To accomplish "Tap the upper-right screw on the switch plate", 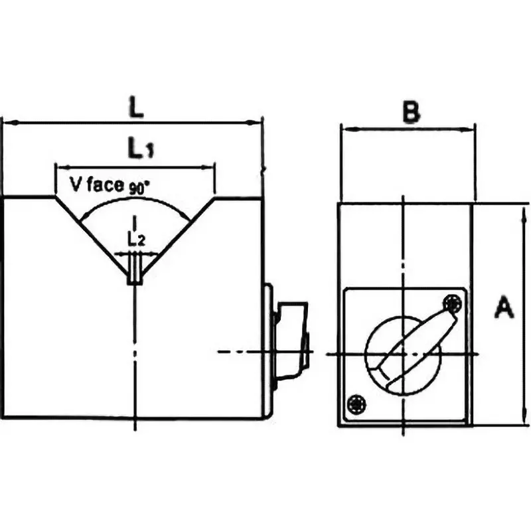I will point(453,303).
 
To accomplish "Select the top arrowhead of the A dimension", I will point(524,210).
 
